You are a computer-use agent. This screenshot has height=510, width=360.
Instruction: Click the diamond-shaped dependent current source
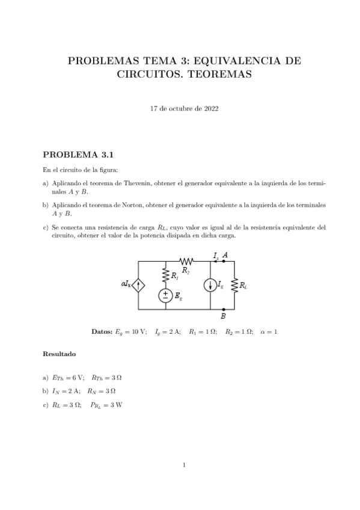pos(139,285)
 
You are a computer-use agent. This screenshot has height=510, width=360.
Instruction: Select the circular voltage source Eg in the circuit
pos(165,295)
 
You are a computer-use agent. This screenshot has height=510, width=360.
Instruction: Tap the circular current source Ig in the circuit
pos(210,285)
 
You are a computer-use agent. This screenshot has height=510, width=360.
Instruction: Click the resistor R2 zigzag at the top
pos(186,262)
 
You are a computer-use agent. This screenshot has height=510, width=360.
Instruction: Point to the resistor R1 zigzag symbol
pos(165,275)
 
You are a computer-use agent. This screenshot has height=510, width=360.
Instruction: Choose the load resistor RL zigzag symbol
pos(234,285)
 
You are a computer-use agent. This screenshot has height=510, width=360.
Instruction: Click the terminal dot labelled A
pos(223,262)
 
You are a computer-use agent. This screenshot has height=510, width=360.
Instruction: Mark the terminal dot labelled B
pos(223,309)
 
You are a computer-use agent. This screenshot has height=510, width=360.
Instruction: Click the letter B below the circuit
pos(224,316)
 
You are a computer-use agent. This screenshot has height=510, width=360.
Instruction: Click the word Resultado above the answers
pos(59,354)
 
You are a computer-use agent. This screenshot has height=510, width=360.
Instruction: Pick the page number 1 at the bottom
pos(184,464)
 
